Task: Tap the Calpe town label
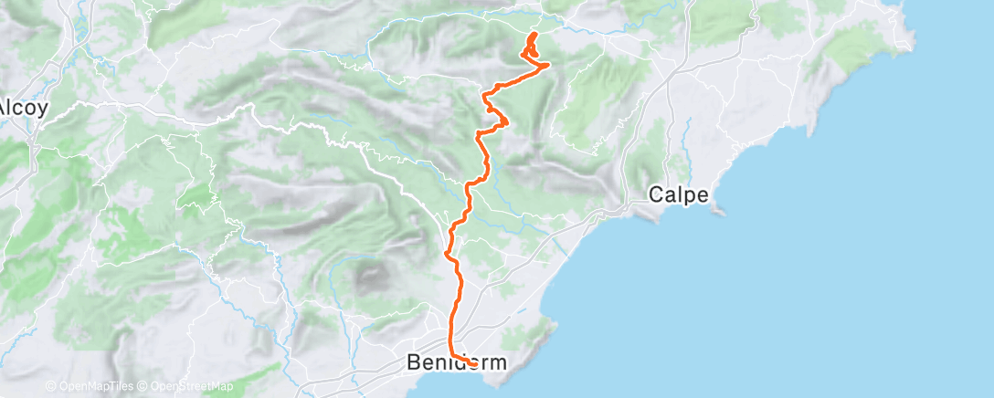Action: coord(679,194)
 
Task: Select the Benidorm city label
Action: coord(456,362)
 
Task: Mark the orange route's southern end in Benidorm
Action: coord(475,364)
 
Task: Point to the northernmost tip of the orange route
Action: coord(533,33)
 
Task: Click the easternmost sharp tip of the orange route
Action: coord(549,65)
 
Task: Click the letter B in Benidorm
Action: coord(413,362)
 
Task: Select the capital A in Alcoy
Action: coord(5,106)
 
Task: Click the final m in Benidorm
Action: coord(498,362)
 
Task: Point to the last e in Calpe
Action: coord(703,194)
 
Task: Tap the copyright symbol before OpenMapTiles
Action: coord(51,386)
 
